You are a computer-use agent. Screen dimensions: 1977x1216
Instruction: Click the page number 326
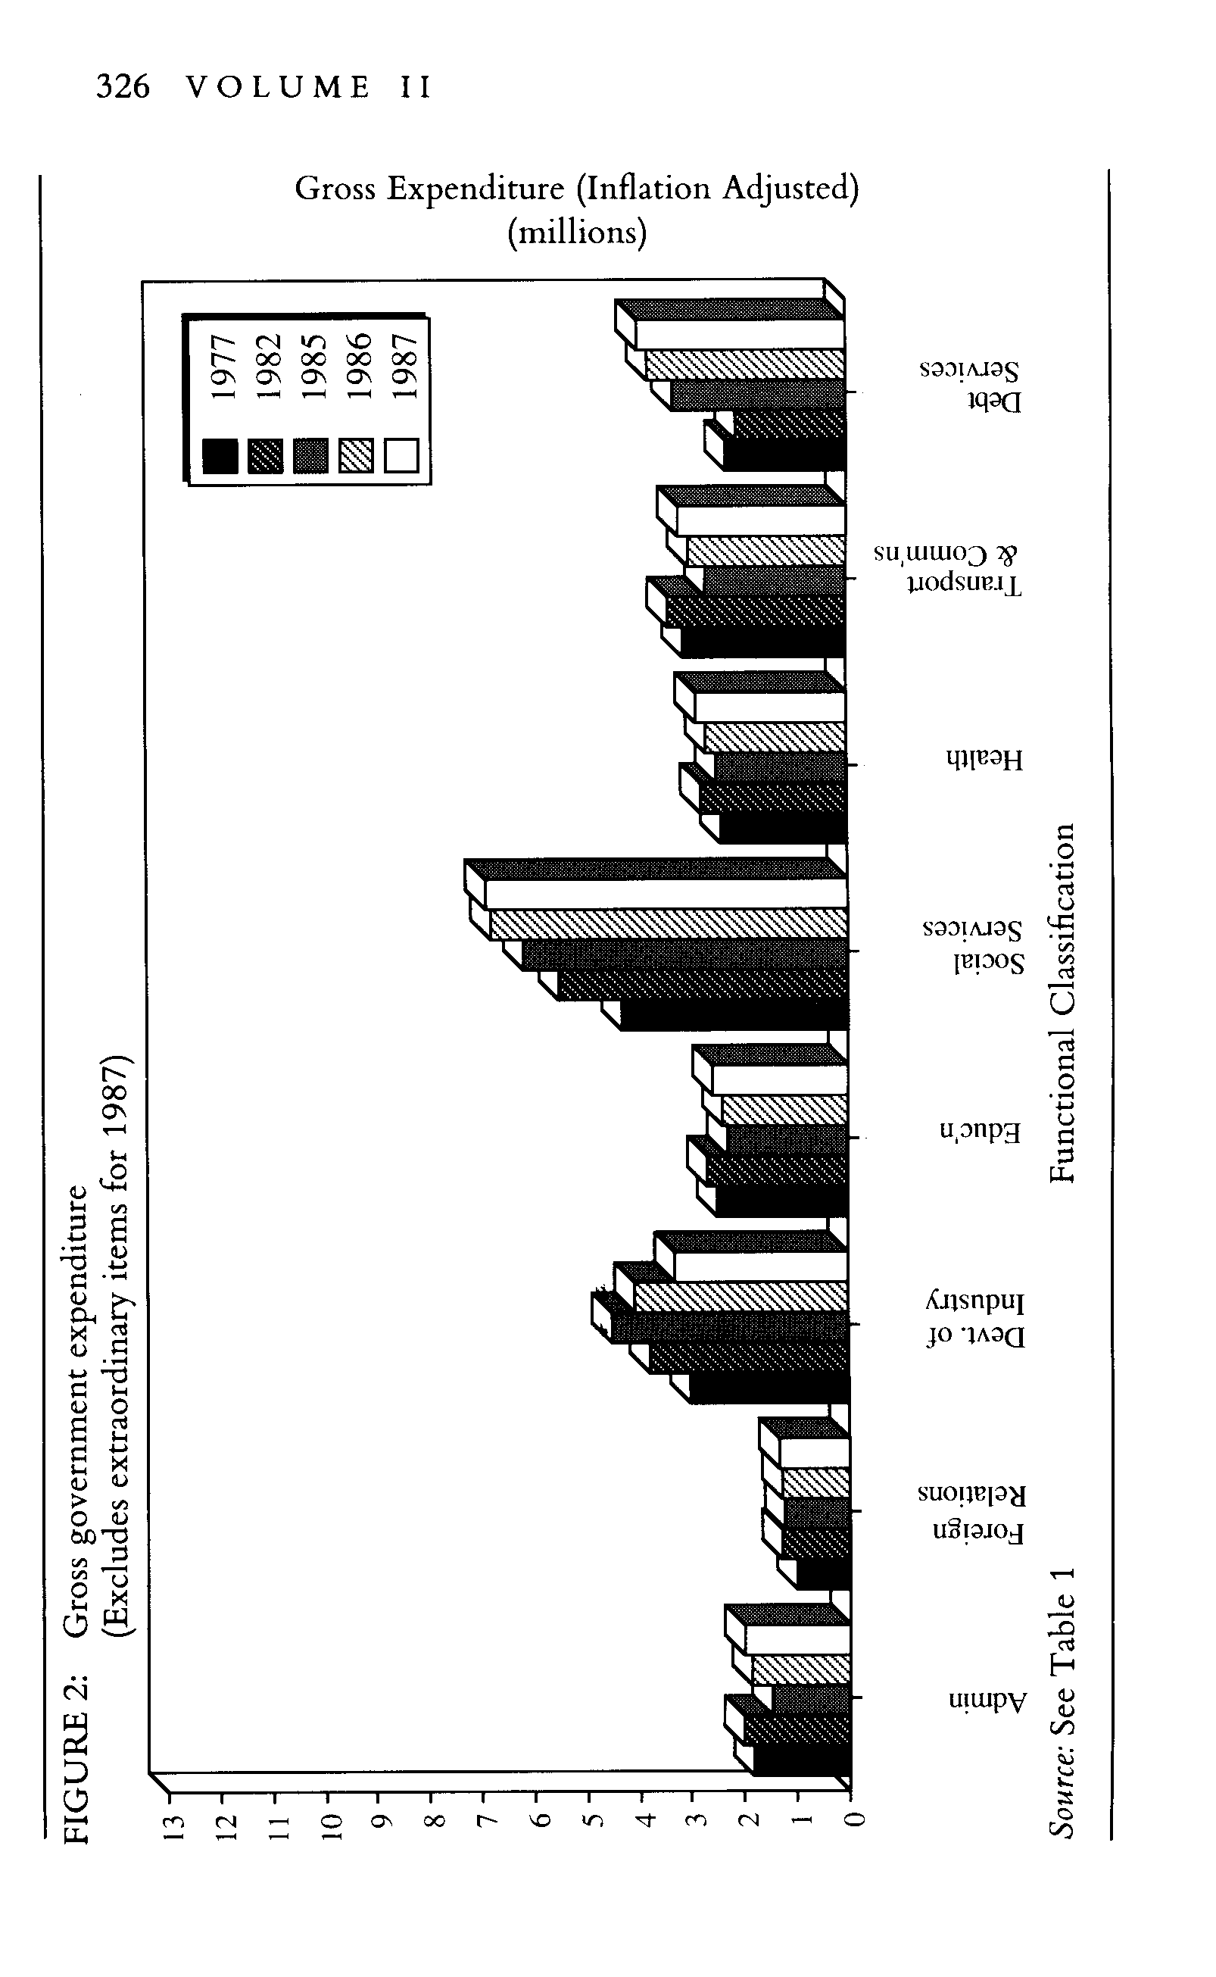[x=122, y=87]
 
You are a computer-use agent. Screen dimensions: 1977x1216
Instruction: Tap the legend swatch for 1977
[x=220, y=456]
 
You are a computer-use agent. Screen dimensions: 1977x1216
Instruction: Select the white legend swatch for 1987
[x=401, y=455]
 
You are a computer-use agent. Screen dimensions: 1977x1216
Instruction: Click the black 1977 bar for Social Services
[x=734, y=1015]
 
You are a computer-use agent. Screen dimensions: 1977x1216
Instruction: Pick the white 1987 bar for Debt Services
[x=739, y=334]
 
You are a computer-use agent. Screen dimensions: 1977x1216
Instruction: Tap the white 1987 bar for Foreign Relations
[x=814, y=1453]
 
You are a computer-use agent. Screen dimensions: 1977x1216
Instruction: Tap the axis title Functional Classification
[x=1062, y=1003]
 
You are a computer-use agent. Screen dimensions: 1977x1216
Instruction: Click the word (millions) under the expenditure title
[x=577, y=233]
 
